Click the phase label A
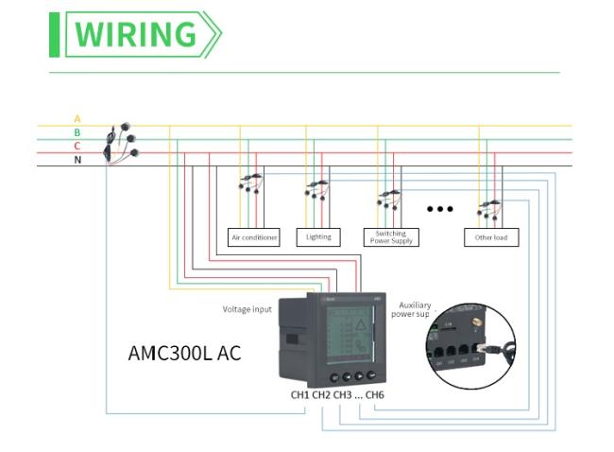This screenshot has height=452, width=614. pos(77,119)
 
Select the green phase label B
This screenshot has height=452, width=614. pos(77,132)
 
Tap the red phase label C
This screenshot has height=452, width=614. pos(77,147)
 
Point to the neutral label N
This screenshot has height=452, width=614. pos(77,160)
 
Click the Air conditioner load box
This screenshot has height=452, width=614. pos(254,237)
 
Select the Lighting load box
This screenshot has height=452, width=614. pos(318,237)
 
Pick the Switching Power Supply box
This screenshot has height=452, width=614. pos(390,237)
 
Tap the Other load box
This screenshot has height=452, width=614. pos(491,237)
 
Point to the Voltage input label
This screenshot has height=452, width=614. pos(247,309)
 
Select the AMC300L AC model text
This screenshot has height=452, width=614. pos(184,354)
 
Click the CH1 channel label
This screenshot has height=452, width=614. pos(300,394)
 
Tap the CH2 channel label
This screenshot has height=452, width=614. pos(322,394)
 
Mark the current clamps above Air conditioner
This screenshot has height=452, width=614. pos(250,183)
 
